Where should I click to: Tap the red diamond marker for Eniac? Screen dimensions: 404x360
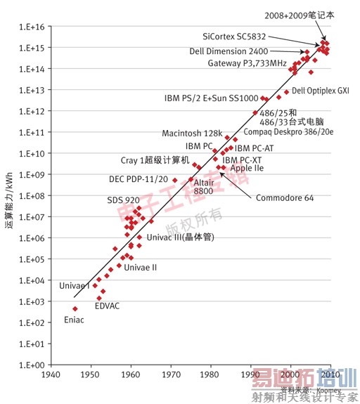[x=75, y=308]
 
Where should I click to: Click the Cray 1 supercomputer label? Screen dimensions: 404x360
[x=155, y=161]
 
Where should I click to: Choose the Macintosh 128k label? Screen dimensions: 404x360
[x=191, y=133]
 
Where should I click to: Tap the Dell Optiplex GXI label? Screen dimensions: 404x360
[x=320, y=91]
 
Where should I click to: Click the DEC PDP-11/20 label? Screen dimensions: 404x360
[x=138, y=179]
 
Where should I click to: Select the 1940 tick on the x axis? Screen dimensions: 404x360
[x=50, y=376]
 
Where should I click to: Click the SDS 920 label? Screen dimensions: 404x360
[x=124, y=200]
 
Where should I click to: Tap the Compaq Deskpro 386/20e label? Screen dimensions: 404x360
[x=288, y=131]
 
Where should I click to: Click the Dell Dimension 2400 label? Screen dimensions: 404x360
[x=229, y=51]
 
